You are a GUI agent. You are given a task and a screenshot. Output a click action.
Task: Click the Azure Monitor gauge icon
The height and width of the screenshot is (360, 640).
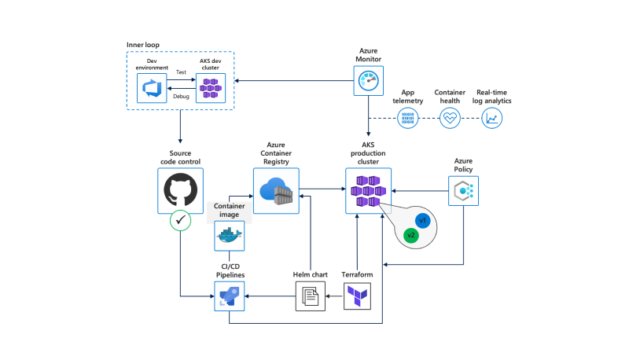pyautogui.click(x=368, y=80)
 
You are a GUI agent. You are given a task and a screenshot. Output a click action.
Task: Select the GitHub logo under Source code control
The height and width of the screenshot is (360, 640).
pyautogui.click(x=180, y=191)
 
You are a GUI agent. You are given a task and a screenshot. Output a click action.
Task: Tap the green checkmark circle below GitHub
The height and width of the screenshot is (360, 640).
pyautogui.click(x=181, y=222)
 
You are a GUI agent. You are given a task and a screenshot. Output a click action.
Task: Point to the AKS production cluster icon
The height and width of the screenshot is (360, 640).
pyautogui.click(x=368, y=191)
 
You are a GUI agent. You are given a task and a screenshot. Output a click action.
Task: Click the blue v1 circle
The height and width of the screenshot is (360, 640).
pyautogui.click(x=422, y=221)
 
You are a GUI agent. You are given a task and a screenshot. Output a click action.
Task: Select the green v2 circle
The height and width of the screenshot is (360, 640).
pyautogui.click(x=410, y=235)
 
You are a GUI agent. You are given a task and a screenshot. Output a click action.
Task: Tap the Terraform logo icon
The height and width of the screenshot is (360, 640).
pyautogui.click(x=357, y=296)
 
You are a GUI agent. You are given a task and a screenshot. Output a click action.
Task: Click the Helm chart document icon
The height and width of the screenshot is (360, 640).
pyautogui.click(x=310, y=296)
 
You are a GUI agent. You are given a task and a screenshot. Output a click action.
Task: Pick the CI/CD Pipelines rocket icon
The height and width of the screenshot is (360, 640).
pyautogui.click(x=229, y=296)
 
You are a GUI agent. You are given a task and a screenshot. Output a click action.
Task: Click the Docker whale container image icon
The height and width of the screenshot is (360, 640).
pyautogui.click(x=229, y=235)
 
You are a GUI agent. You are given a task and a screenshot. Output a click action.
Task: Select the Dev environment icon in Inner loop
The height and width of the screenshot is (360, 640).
pyautogui.click(x=153, y=89)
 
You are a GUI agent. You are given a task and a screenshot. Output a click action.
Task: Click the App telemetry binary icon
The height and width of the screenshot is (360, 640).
pyautogui.click(x=408, y=119)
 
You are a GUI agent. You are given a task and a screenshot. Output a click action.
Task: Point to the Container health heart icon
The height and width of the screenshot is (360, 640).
pyautogui.click(x=450, y=119)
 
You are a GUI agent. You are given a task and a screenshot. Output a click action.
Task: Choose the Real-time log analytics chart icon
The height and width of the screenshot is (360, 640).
pyautogui.click(x=492, y=119)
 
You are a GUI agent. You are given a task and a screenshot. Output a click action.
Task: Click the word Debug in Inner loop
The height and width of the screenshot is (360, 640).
pyautogui.click(x=181, y=97)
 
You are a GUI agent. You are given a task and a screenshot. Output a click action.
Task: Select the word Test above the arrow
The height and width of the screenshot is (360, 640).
pyautogui.click(x=181, y=72)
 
